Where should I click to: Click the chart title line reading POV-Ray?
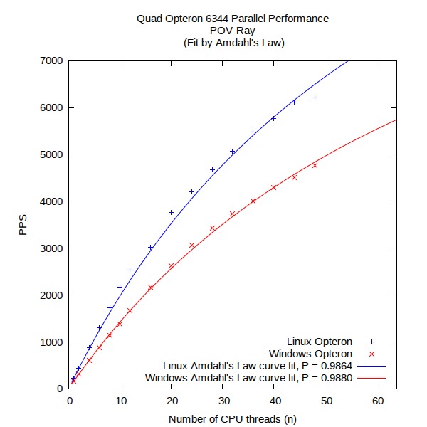click(233, 31)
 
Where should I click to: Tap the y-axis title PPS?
click(23, 225)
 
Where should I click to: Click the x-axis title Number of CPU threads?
click(233, 418)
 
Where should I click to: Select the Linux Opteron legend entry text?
click(320, 342)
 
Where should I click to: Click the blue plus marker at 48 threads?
click(315, 97)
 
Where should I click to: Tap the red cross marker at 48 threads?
click(315, 165)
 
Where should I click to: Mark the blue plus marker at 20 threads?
click(171, 212)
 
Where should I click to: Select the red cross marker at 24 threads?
click(191, 246)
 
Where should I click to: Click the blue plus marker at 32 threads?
click(232, 151)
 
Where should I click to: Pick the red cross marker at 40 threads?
click(273, 187)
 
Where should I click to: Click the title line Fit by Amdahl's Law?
click(233, 43)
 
